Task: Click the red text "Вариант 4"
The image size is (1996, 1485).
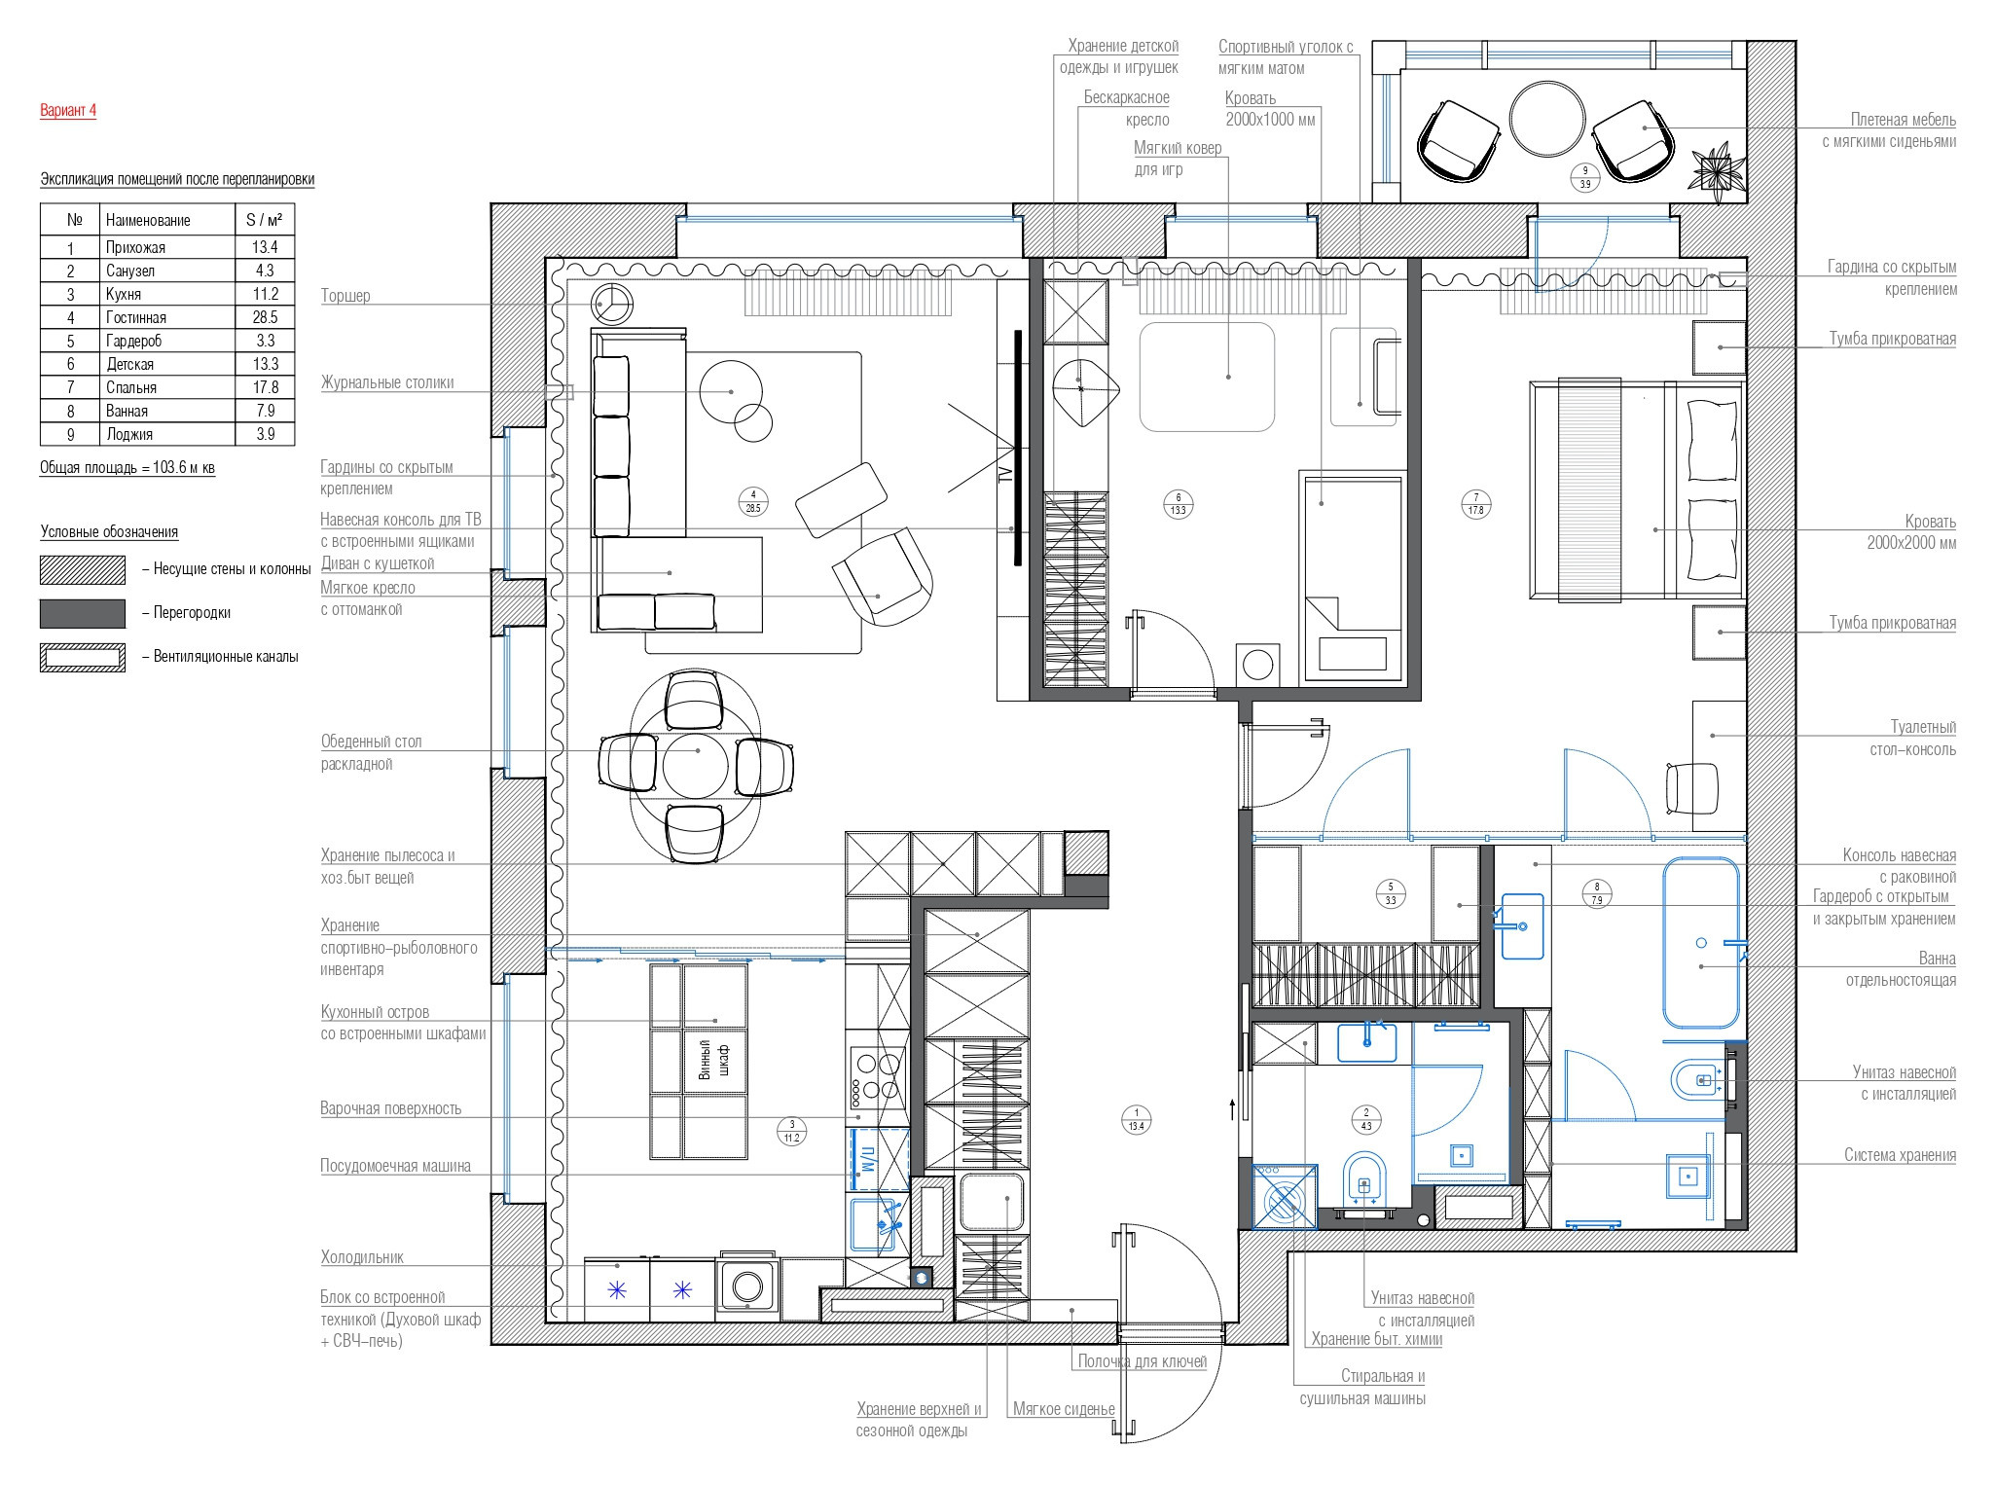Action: click(x=68, y=110)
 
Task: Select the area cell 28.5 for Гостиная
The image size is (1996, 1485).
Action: click(x=265, y=317)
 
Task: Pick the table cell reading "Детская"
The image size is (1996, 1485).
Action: click(x=130, y=364)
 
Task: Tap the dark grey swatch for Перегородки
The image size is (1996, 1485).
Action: click(x=83, y=613)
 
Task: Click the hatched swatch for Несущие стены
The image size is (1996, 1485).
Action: click(x=83, y=569)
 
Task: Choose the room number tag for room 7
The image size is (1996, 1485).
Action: click(x=1476, y=504)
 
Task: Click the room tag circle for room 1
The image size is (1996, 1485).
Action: click(x=1136, y=1118)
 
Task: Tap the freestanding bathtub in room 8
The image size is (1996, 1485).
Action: click(x=1701, y=942)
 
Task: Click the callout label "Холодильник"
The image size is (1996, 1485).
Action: click(x=362, y=1257)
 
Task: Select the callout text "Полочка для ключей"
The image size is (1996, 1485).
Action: click(x=1142, y=1361)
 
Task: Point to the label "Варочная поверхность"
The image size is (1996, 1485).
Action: click(x=391, y=1108)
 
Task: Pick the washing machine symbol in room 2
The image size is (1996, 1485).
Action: click(x=1285, y=1198)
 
